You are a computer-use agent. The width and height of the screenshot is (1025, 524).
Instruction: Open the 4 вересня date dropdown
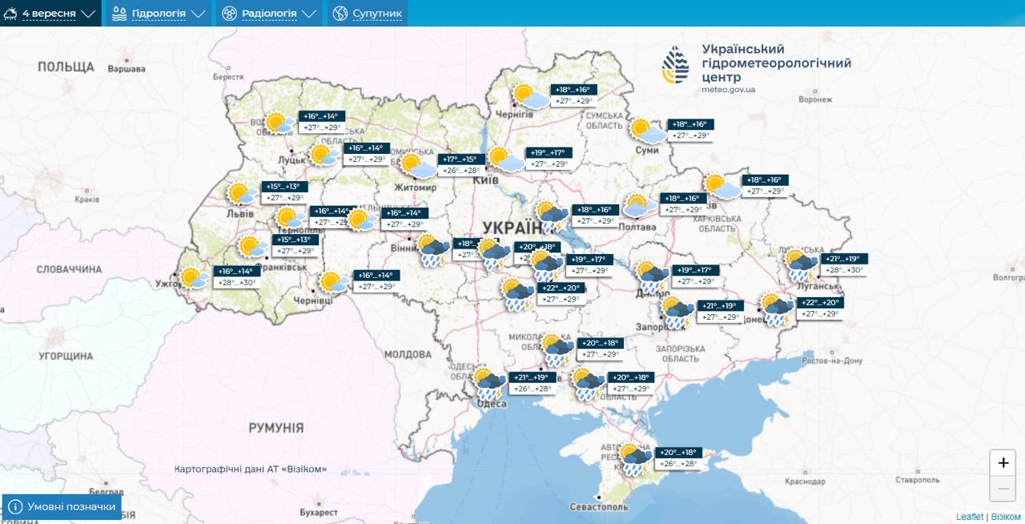pyautogui.click(x=50, y=14)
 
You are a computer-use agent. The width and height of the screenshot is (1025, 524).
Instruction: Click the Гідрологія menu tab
pyautogui.click(x=159, y=14)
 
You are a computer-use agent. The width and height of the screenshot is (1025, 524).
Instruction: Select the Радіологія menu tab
pyautogui.click(x=268, y=14)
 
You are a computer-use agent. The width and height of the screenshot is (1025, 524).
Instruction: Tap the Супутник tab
pyautogui.click(x=368, y=14)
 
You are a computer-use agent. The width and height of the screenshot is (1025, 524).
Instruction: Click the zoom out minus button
pyautogui.click(x=1003, y=488)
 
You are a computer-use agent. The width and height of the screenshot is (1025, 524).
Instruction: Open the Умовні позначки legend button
pyautogui.click(x=62, y=506)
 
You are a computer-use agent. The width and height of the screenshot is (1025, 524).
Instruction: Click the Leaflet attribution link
pyautogui.click(x=969, y=517)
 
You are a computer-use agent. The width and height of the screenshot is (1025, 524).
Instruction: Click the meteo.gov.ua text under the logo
pyautogui.click(x=728, y=90)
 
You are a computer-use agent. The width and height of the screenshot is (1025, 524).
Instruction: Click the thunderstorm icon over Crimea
pyautogui.click(x=635, y=459)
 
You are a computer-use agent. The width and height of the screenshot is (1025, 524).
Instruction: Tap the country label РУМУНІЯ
pyautogui.click(x=275, y=428)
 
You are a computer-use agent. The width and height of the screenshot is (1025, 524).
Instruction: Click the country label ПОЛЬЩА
pyautogui.click(x=66, y=67)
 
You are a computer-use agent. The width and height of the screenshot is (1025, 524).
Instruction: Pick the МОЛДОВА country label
pyautogui.click(x=407, y=354)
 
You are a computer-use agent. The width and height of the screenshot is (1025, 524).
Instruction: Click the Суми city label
pyautogui.click(x=645, y=149)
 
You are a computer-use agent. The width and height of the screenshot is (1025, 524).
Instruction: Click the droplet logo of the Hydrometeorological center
pyautogui.click(x=675, y=64)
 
